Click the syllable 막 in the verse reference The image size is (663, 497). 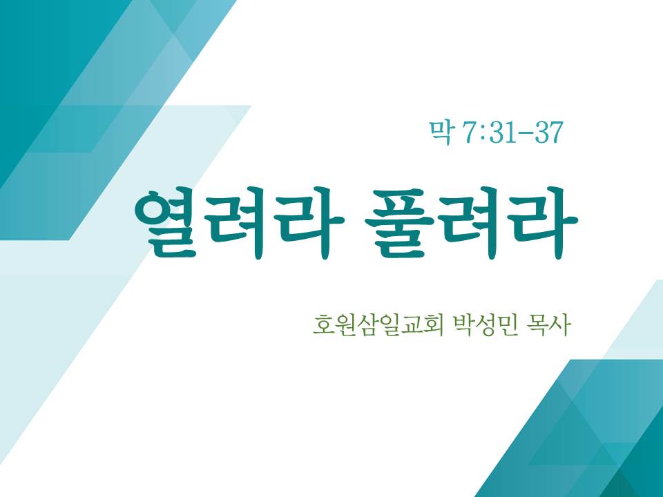coord(440,133)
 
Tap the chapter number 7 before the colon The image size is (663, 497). coord(470,133)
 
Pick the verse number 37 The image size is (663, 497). coord(549,133)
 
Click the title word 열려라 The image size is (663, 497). coord(240,223)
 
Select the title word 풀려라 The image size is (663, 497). coord(470,223)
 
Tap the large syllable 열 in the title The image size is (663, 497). coord(167,223)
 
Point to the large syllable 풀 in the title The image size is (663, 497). coord(398,223)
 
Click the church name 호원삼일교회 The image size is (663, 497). coord(378,324)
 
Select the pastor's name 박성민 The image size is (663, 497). coord(486,324)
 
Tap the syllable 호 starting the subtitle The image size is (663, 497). coord(323,324)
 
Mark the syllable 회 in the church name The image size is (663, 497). coord(432,324)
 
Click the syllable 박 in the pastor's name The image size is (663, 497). coord(463,324)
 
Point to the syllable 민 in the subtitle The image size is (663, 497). coord(508,324)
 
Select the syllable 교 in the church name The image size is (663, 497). coord(410,324)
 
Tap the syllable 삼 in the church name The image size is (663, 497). coord(367,324)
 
